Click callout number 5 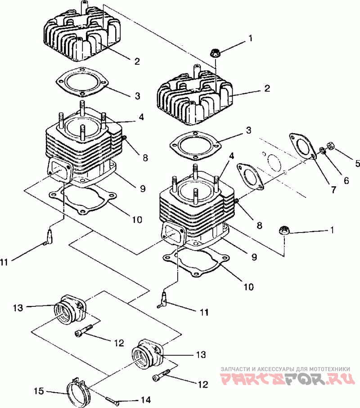[x=357, y=163]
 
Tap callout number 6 [x=346, y=180]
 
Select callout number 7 [x=334, y=189]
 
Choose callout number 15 [x=39, y=391]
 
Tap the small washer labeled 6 [x=323, y=150]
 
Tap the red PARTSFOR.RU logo [x=288, y=379]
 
